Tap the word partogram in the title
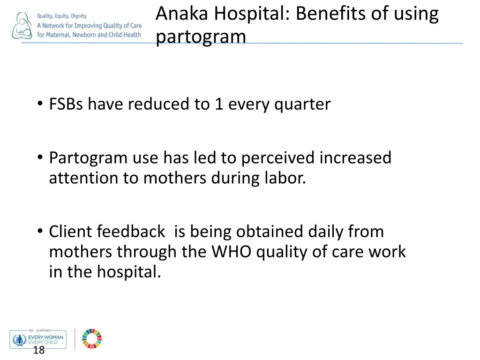coord(201,37)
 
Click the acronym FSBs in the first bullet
coord(67,104)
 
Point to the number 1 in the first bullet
coord(218,104)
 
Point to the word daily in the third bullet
coord(326,232)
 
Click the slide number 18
coord(39,350)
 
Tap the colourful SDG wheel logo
coord(92,338)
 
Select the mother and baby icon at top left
coord(22,26)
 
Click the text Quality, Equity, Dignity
coord(62,16)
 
